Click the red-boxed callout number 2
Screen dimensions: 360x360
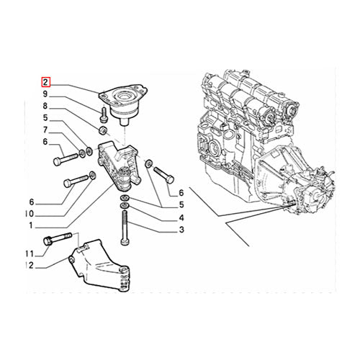pos(45,83)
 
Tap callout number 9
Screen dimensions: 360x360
pos(45,94)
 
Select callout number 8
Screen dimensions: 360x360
pos(45,106)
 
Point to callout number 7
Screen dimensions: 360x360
pos(45,130)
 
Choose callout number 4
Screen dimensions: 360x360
pos(181,217)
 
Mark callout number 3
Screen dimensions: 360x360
pos(181,230)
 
